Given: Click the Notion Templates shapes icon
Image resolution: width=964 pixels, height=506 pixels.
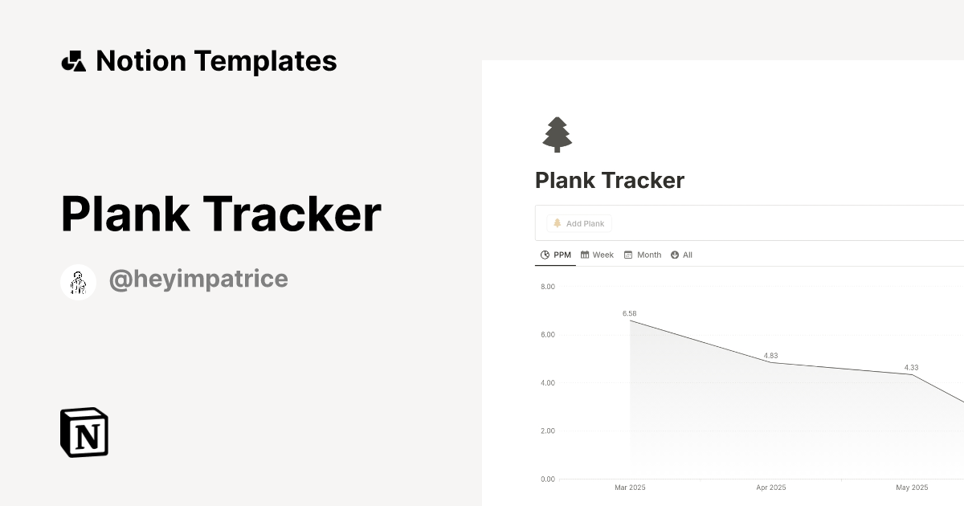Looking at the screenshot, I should [x=74, y=61].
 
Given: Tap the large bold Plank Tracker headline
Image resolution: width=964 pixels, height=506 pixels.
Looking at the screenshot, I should [x=221, y=214].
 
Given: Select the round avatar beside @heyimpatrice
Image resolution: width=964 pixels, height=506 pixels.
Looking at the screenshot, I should [x=79, y=282].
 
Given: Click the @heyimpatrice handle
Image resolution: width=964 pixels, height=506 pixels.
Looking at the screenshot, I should [x=198, y=280].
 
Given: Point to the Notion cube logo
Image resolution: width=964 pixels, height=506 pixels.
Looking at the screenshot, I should [x=84, y=432].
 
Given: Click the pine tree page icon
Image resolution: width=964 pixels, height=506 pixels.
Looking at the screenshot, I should [x=557, y=134].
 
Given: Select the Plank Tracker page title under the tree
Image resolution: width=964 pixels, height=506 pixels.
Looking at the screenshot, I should [x=610, y=181].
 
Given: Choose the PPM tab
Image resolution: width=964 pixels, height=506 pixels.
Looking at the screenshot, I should [x=556, y=255].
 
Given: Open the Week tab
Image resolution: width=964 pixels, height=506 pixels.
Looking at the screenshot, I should [x=598, y=255].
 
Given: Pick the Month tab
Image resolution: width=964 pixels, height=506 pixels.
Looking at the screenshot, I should [x=643, y=255].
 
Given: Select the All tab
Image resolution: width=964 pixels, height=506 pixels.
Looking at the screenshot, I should [x=682, y=255].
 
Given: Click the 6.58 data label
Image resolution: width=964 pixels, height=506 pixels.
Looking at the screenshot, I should [x=630, y=313].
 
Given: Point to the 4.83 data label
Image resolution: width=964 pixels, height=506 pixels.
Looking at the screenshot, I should [x=770, y=355].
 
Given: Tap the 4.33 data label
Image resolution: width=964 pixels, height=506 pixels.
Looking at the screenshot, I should [x=911, y=367].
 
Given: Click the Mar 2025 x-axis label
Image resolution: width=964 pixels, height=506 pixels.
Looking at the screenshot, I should [x=630, y=488].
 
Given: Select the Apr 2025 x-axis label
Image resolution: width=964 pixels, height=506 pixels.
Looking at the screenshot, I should [x=771, y=488].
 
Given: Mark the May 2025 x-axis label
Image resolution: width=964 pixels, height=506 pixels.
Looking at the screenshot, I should [x=912, y=488].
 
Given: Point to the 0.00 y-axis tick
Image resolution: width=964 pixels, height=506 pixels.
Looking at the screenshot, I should [x=548, y=479].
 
